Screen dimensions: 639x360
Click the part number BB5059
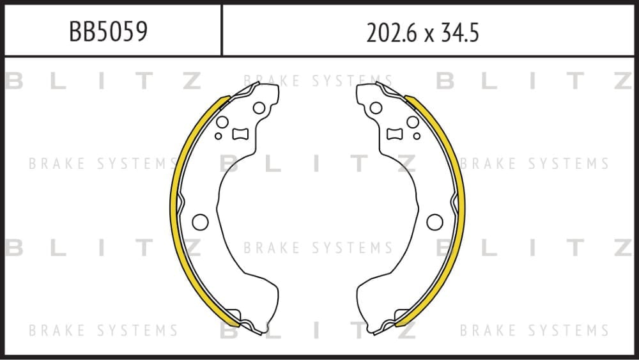(108, 31)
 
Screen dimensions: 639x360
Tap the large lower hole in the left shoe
(200, 222)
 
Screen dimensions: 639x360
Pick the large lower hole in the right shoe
(435, 222)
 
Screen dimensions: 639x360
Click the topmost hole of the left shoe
(259, 108)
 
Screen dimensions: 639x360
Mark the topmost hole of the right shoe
(376, 108)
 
